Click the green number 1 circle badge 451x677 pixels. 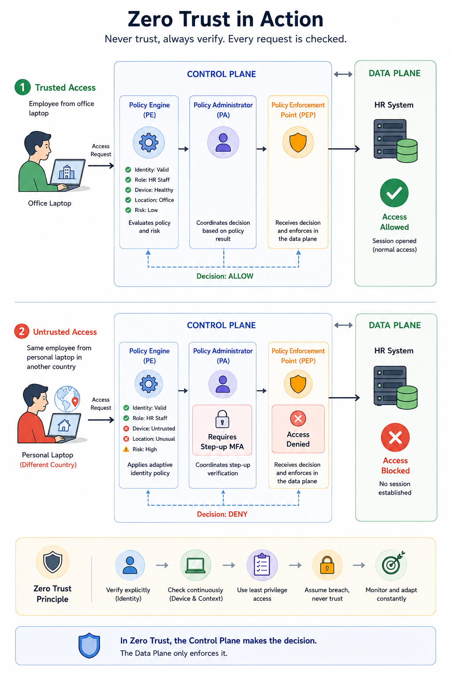tap(22, 87)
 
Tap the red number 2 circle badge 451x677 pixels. tap(22, 331)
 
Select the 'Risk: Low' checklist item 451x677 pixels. tap(142, 210)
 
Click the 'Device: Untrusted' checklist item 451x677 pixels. tap(149, 428)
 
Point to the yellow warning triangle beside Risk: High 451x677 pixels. tap(126, 449)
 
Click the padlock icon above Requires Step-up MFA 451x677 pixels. tap(222, 419)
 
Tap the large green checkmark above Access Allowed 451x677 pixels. tap(394, 193)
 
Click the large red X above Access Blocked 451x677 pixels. tap(395, 437)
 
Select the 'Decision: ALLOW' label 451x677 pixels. tap(225, 276)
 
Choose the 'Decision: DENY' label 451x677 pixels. tap(222, 514)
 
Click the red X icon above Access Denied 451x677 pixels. tap(298, 418)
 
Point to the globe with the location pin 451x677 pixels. tap(67, 398)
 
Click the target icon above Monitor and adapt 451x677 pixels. tap(392, 564)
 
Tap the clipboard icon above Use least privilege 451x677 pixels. tap(262, 564)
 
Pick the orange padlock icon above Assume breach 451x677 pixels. tap(327, 565)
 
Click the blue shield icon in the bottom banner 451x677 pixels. tap(89, 645)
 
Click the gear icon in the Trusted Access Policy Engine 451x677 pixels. tap(148, 142)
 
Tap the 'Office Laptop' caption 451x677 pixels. tap(49, 203)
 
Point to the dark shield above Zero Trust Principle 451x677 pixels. tap(52, 562)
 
